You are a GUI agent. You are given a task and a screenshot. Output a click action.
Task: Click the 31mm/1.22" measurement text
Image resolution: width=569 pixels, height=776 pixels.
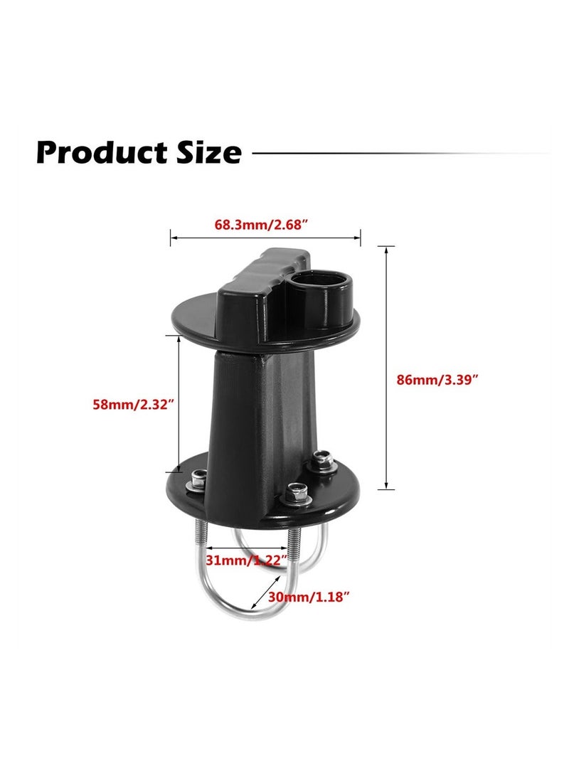coord(246,560)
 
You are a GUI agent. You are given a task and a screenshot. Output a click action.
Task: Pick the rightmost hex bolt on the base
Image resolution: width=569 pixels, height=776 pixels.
coord(323,462)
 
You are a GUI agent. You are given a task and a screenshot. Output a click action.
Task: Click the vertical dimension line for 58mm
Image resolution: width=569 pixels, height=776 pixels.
coord(178,403)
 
